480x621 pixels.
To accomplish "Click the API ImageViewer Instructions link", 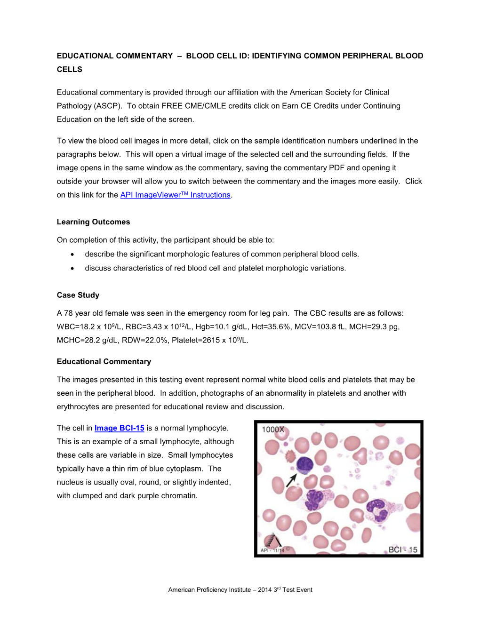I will [x=175, y=195].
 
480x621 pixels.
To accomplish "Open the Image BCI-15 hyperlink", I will [x=119, y=428].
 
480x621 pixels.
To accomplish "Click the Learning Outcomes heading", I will [x=93, y=222].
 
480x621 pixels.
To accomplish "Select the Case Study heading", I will [x=78, y=295].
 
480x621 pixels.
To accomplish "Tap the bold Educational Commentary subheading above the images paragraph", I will [x=104, y=362].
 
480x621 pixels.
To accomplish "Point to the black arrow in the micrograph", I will [x=292, y=480].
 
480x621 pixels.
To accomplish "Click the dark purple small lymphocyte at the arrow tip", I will [x=304, y=465].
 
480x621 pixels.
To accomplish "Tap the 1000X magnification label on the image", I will [x=273, y=430].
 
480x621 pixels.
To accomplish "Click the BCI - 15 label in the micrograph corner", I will [x=403, y=549].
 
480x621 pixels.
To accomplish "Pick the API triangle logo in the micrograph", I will [x=273, y=541].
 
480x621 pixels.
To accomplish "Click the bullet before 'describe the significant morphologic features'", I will [x=72, y=255].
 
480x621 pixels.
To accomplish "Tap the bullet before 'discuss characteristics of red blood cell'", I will [x=72, y=269].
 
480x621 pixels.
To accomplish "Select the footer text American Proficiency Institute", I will [x=209, y=590].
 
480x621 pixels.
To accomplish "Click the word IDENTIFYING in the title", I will [x=277, y=56].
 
